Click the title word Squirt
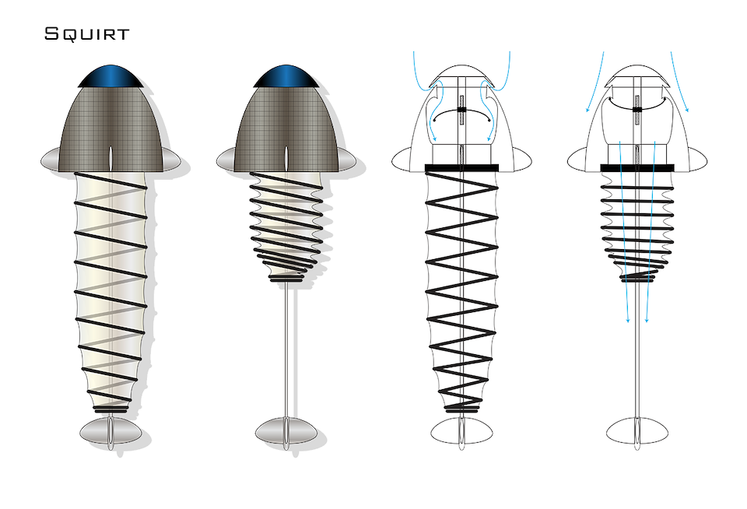(86, 34)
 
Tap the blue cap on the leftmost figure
(111, 76)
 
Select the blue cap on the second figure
(286, 76)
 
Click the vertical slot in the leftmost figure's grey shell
(111, 158)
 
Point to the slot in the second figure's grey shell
(286, 158)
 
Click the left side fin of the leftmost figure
(51, 159)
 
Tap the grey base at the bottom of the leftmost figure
(110, 431)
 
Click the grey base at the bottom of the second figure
(286, 431)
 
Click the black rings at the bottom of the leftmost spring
(110, 409)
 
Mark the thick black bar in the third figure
(461, 168)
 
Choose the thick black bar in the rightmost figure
(637, 168)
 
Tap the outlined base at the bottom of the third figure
(461, 431)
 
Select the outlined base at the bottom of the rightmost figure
(637, 431)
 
